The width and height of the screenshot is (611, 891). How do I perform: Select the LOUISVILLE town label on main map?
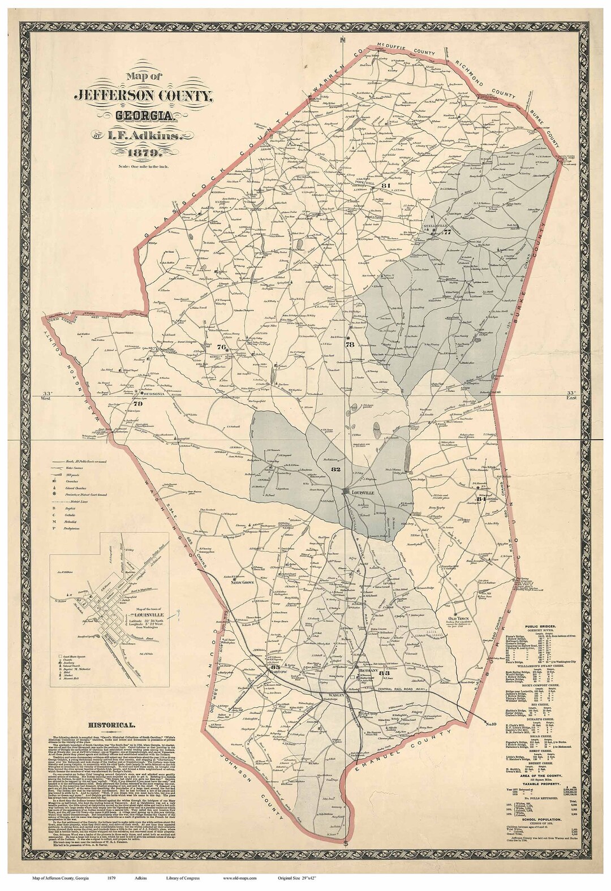click(363, 493)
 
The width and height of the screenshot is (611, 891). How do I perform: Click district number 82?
click(336, 470)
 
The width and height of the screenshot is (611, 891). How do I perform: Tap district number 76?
click(221, 347)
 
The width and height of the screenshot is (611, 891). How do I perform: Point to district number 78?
click(349, 344)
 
